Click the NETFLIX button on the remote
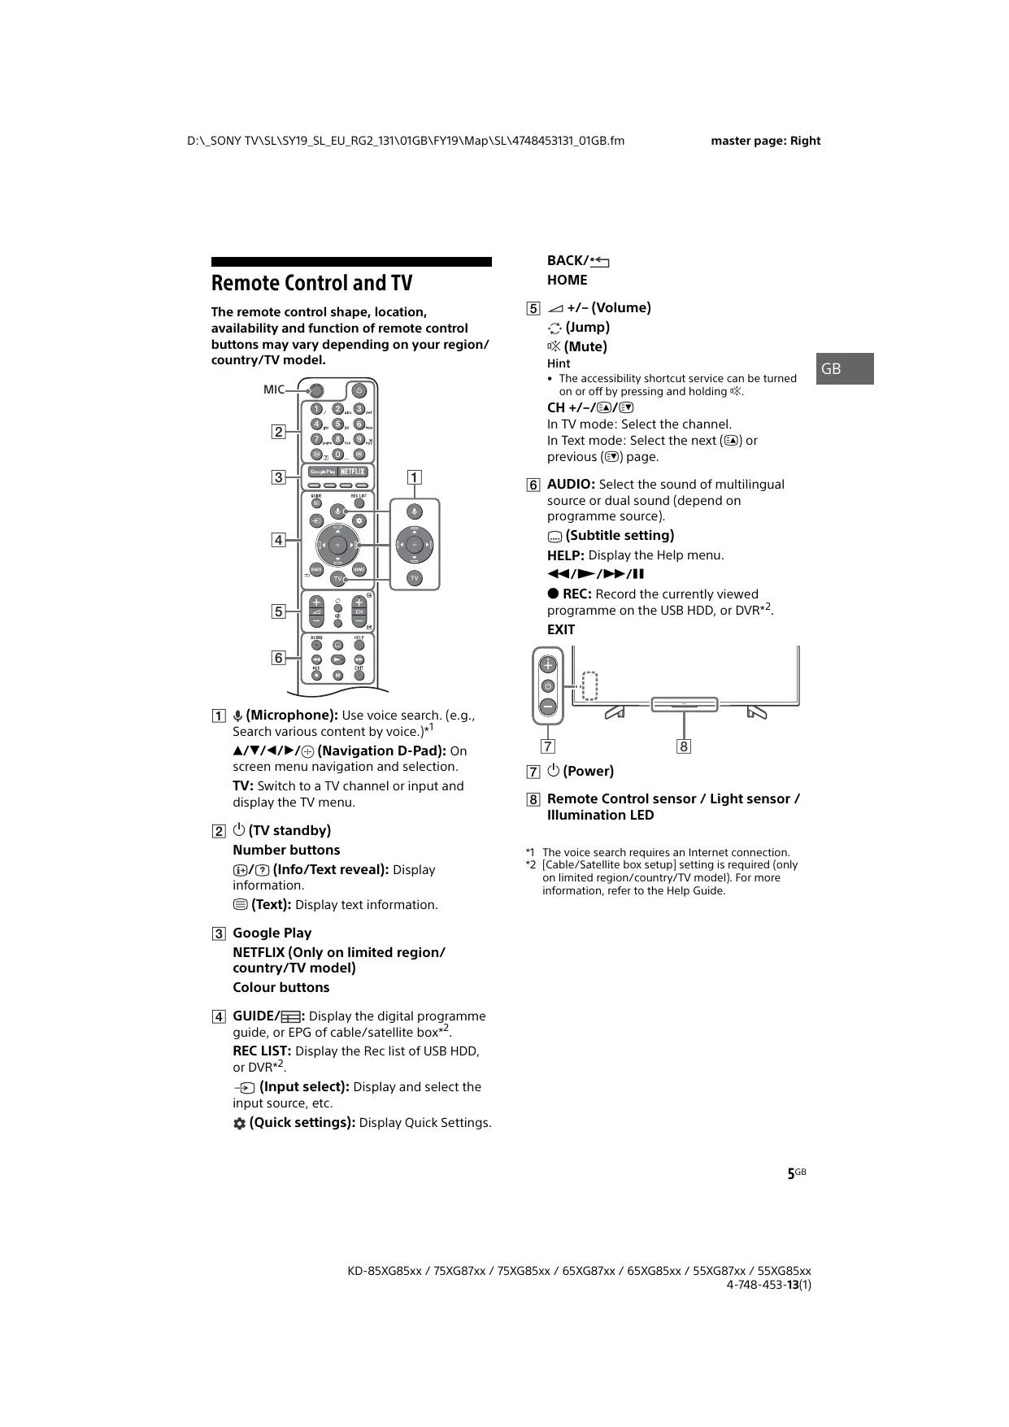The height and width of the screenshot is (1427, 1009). (353, 472)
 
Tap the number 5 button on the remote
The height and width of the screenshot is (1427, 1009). (338, 424)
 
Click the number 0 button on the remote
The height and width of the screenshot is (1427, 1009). (338, 454)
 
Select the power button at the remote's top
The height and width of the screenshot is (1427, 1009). (359, 391)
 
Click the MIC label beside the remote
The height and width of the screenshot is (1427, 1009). (274, 389)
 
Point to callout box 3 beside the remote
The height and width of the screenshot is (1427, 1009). (278, 477)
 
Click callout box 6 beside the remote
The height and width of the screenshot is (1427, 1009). (278, 658)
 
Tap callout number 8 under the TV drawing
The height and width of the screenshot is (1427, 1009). (684, 746)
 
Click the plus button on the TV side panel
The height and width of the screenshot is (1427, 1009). (548, 664)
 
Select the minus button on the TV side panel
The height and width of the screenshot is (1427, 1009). (548, 707)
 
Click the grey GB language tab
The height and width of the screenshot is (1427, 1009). (844, 368)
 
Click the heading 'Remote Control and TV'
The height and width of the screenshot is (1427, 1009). (311, 283)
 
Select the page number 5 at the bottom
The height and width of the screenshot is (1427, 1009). (790, 1174)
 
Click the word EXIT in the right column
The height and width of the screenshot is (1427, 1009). (561, 629)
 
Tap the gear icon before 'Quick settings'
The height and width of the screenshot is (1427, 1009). (239, 1124)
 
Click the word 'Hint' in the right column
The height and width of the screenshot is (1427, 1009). (559, 363)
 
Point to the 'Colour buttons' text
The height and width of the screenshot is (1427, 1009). (281, 987)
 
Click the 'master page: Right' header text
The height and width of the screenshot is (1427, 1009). (765, 141)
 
